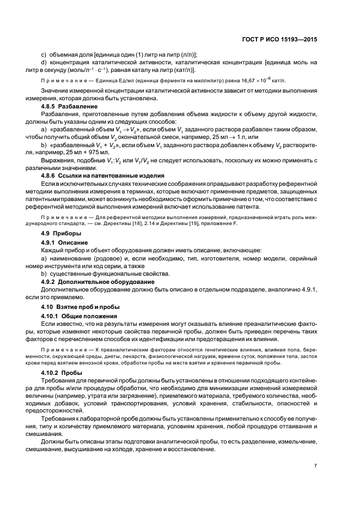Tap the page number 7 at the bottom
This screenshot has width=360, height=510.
pyautogui.click(x=315, y=465)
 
